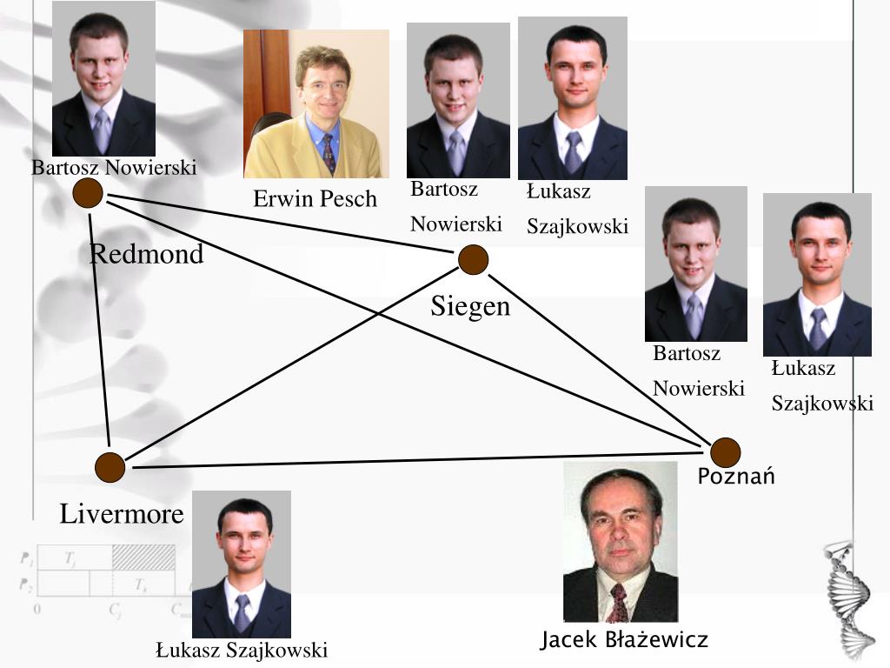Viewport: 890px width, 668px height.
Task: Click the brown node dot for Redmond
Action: (x=87, y=193)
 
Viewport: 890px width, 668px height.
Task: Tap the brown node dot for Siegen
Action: (x=473, y=259)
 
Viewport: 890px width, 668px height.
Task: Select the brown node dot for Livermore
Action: (x=110, y=467)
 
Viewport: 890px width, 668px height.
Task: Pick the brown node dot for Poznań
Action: (x=725, y=452)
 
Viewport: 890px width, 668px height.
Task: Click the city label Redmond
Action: (x=147, y=255)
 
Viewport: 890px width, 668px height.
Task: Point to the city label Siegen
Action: (x=470, y=307)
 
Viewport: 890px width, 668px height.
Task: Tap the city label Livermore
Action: (x=122, y=514)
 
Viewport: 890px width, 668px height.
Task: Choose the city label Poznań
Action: (x=736, y=477)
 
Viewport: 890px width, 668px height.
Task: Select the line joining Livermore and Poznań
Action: (x=417, y=460)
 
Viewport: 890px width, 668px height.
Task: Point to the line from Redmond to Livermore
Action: (x=99, y=331)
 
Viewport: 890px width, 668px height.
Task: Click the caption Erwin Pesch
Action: (x=315, y=199)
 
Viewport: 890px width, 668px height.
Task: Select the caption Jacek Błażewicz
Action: (x=624, y=641)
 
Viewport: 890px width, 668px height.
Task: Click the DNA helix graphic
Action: (x=847, y=600)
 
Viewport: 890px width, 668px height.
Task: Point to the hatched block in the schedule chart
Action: (x=143, y=558)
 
